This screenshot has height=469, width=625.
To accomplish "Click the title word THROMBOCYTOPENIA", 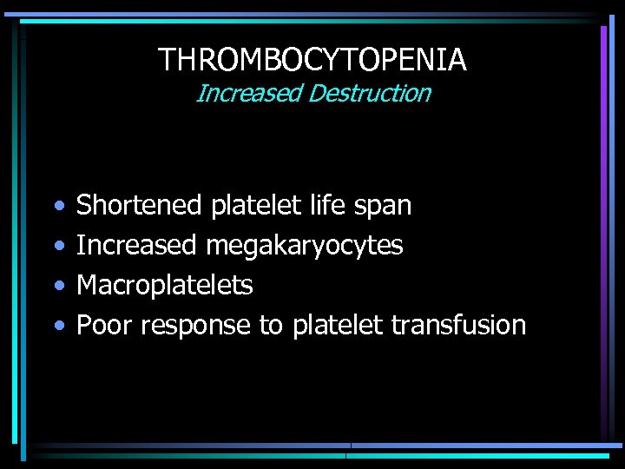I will pyautogui.click(x=312, y=60).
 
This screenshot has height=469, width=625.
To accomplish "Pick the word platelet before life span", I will pyautogui.click(x=254, y=206).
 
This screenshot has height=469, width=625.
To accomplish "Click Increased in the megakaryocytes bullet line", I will pyautogui.click(x=137, y=246).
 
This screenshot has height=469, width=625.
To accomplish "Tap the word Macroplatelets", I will pyautogui.click(x=165, y=285).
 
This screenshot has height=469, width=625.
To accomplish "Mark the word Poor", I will pyautogui.click(x=105, y=325).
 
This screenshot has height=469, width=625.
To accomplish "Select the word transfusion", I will pyautogui.click(x=458, y=325).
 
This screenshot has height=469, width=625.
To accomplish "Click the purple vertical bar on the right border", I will pyautogui.click(x=603, y=174).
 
